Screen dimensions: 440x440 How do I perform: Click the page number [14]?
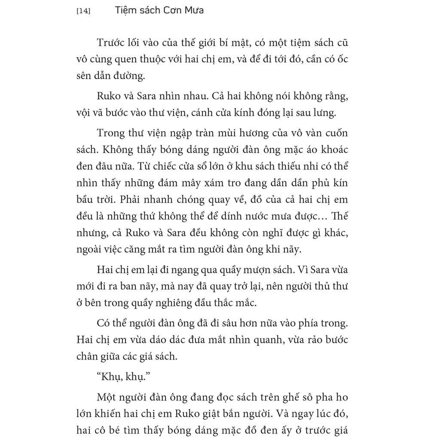(x=83, y=11)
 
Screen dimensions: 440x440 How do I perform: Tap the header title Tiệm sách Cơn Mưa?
(x=159, y=10)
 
